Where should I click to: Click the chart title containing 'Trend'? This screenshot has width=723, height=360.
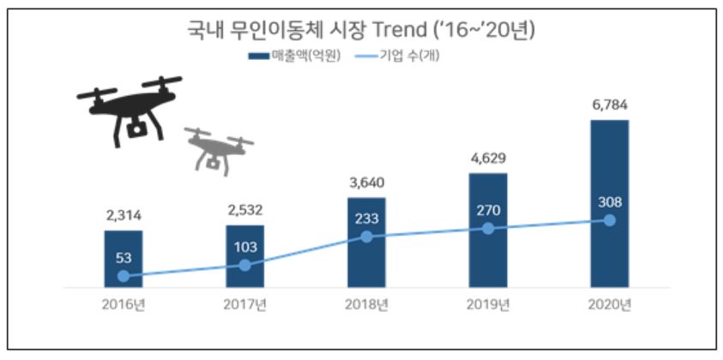(x=361, y=32)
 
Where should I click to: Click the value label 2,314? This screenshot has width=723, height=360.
(x=124, y=215)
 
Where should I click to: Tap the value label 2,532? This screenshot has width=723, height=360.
(x=245, y=210)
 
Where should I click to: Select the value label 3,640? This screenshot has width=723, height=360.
(x=366, y=183)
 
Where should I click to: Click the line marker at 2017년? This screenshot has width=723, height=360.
(x=245, y=265)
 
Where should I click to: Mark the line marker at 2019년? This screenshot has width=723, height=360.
(x=487, y=228)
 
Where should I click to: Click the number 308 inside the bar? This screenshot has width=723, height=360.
(x=609, y=203)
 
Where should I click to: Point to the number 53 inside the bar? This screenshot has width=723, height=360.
(x=124, y=258)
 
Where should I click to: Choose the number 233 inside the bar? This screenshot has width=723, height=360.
(x=366, y=218)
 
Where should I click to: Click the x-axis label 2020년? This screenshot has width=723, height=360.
(x=609, y=303)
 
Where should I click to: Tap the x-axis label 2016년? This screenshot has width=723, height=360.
(x=124, y=303)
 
